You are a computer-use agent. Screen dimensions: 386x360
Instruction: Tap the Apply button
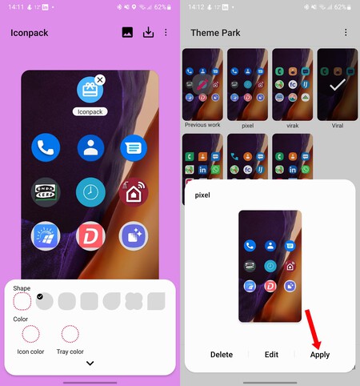tap(320, 354)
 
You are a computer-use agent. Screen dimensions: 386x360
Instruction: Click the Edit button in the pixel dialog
tap(271, 354)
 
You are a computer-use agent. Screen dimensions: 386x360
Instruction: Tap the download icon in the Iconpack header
tap(148, 33)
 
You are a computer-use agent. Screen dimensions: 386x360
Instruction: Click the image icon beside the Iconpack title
tap(127, 33)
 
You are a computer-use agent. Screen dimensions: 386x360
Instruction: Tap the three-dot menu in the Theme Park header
tap(346, 33)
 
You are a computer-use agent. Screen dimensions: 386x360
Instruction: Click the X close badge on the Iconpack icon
tap(99, 80)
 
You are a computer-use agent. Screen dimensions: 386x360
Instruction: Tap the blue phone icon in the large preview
tap(45, 148)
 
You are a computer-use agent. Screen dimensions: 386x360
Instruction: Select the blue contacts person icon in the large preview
tap(90, 148)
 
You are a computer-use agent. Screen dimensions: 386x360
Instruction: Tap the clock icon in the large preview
tap(90, 192)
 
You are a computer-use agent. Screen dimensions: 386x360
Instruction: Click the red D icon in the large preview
tap(90, 236)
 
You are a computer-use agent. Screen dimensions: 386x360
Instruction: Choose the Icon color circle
tap(30, 334)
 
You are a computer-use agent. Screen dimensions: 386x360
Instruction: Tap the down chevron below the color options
tap(90, 364)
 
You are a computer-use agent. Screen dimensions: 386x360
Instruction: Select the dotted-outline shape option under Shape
tap(22, 302)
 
